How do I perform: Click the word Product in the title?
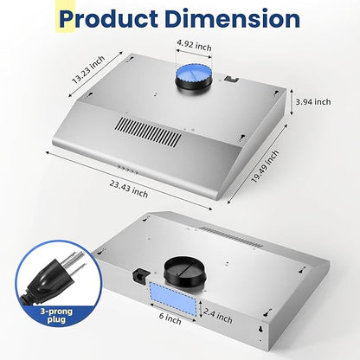108,19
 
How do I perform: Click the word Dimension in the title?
233,19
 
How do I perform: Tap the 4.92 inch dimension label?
194,45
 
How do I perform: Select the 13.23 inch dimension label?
88,70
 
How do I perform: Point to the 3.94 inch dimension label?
313,101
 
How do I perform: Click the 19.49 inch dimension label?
265,166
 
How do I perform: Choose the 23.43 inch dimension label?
129,189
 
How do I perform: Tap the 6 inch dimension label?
170,318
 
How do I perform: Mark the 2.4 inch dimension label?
218,315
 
